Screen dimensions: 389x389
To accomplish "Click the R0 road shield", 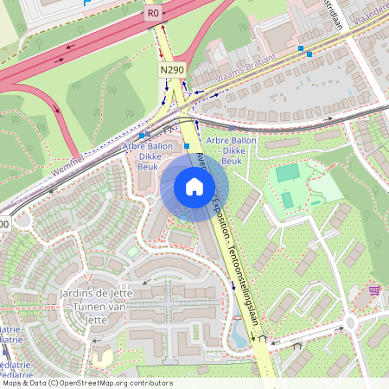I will (x=154, y=13).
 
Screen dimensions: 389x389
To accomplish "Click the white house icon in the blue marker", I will (x=194, y=187).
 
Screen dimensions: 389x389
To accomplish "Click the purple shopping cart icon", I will (x=374, y=290).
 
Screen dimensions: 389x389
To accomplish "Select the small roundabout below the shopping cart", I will (x=350, y=323).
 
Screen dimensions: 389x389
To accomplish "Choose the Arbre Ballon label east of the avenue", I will (x=231, y=150).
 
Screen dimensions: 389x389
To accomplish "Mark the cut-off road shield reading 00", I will (x=3, y=224).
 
